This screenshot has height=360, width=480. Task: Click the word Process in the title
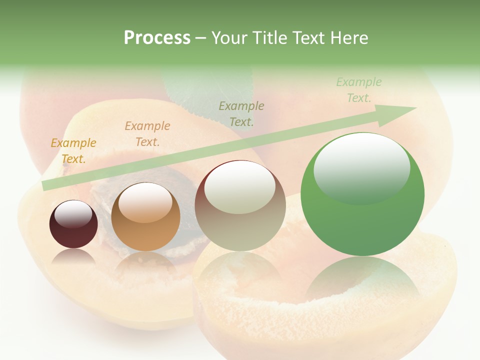click(x=157, y=38)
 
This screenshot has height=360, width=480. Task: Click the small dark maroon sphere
click(x=73, y=225)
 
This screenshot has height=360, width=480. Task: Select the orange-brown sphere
click(x=145, y=218)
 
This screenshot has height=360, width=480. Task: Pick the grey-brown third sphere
click(x=240, y=206)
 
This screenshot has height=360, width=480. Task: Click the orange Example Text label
click(x=73, y=151)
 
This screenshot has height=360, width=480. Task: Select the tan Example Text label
click(x=147, y=134)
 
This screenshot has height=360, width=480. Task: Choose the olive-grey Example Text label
click(x=241, y=113)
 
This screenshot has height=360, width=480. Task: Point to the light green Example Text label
click(x=359, y=90)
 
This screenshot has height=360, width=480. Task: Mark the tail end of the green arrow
click(x=45, y=185)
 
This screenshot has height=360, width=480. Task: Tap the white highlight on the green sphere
click(x=361, y=167)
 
